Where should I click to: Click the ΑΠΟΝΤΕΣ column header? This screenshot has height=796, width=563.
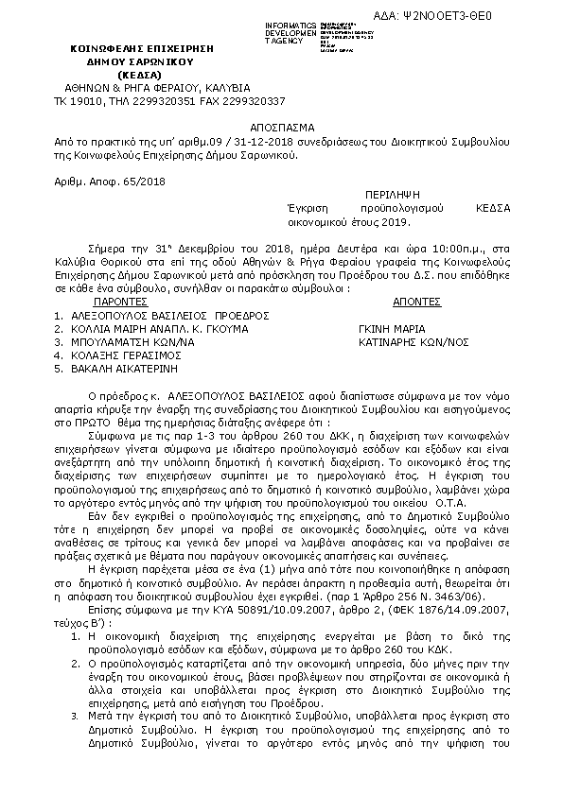415,301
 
